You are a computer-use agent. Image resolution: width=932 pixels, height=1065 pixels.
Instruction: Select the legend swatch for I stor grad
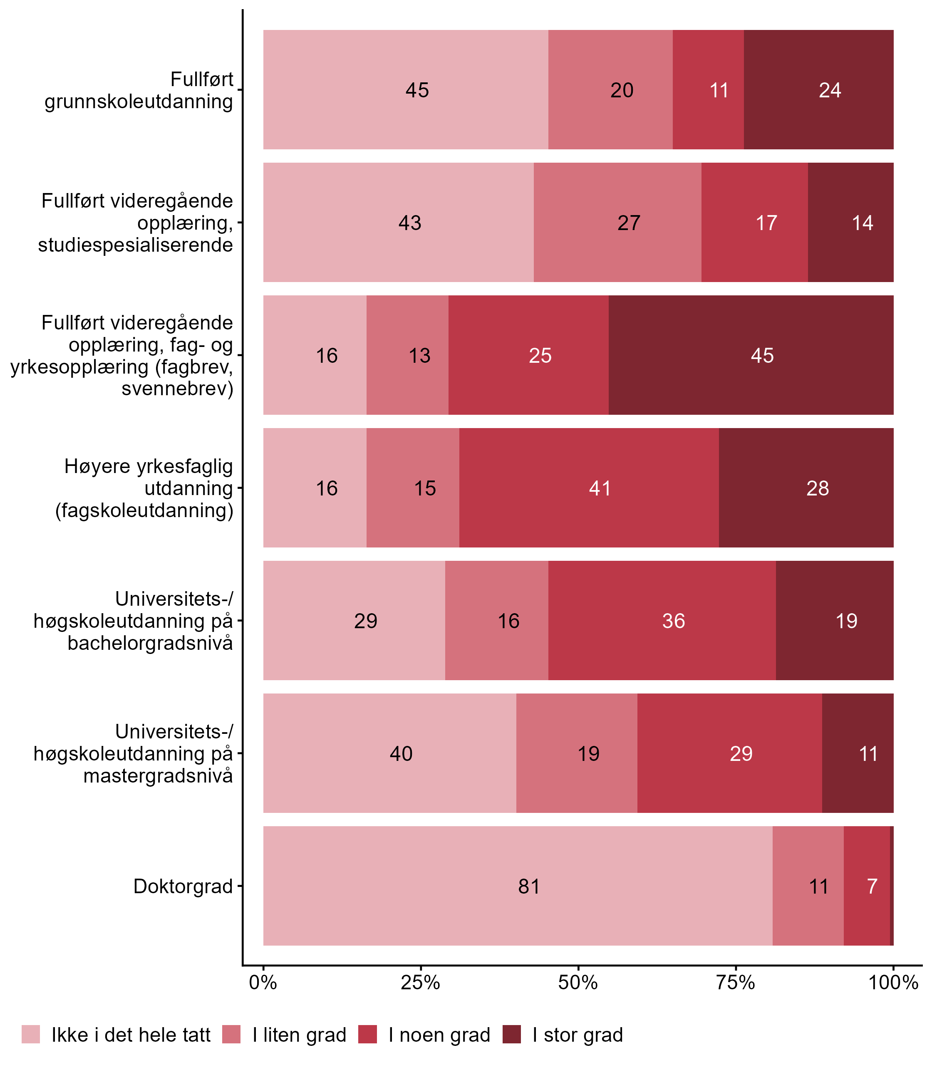pos(511,1034)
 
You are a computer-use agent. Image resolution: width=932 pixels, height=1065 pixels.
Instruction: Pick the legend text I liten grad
pos(299,1035)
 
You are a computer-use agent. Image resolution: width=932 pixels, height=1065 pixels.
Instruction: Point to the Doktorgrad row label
pos(183,886)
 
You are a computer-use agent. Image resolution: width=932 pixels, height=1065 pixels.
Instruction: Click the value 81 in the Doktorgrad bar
pos(529,886)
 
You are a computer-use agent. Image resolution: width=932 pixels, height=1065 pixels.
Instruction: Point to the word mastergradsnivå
pos(158,776)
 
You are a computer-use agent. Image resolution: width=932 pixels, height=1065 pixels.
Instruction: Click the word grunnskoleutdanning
pos(139,102)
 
